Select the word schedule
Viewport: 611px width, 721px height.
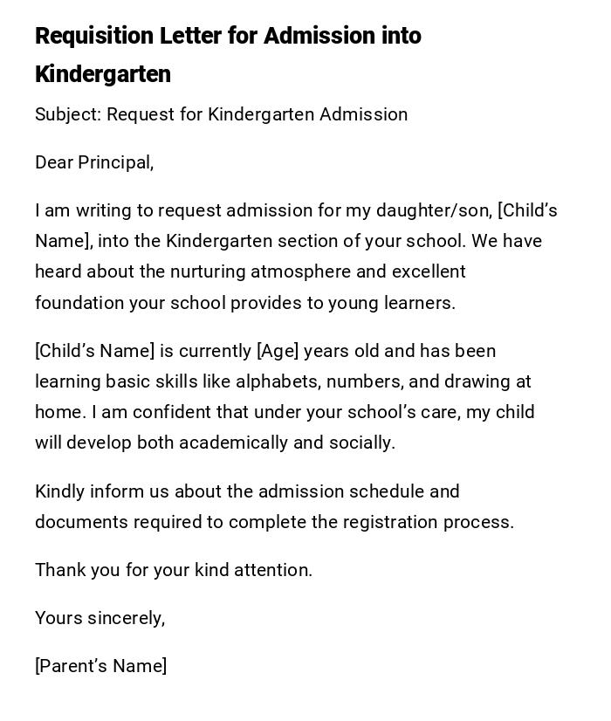pyautogui.click(x=386, y=491)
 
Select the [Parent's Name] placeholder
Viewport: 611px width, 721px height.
pyautogui.click(x=100, y=667)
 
